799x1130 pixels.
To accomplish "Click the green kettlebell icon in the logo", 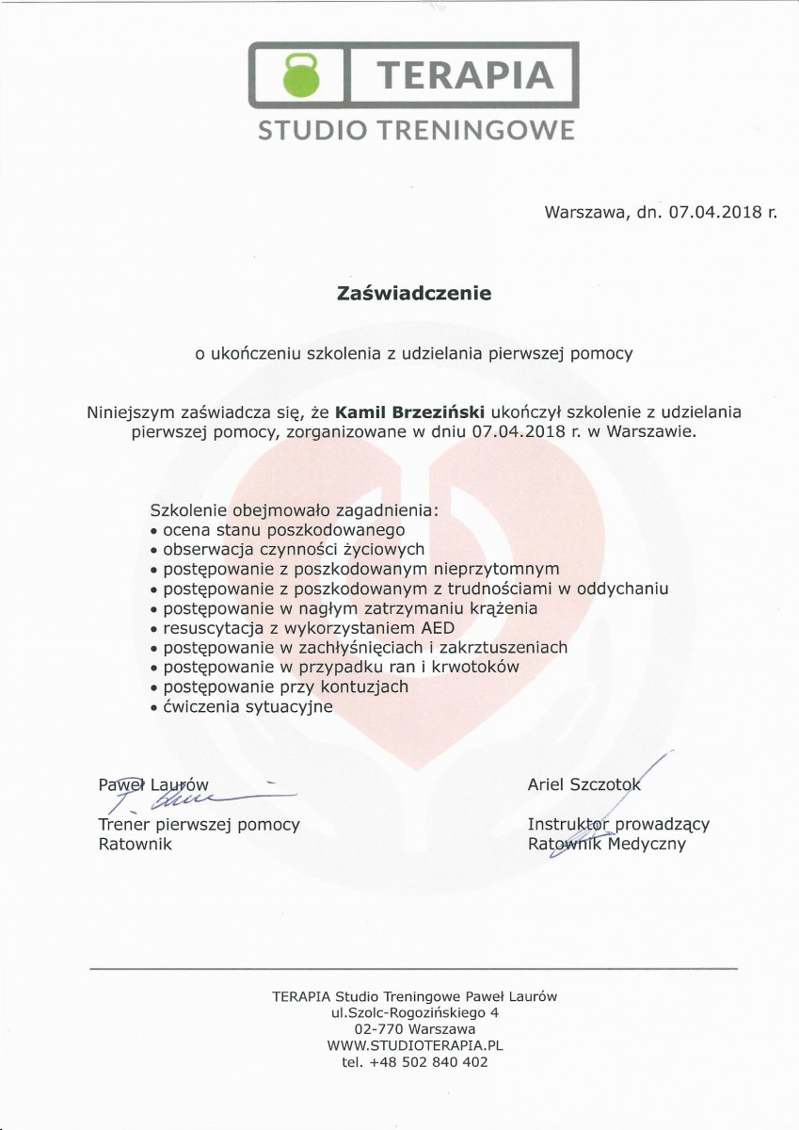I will point(302,74).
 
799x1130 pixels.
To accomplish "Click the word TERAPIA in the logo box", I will point(464,74).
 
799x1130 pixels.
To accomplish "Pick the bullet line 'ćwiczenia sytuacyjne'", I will point(248,706).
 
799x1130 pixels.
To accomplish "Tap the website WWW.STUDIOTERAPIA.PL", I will point(415,1045).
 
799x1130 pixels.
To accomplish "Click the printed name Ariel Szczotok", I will point(584,783).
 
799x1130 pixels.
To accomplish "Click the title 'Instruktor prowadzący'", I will point(618,824).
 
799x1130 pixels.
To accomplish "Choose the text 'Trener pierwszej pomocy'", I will point(199,825).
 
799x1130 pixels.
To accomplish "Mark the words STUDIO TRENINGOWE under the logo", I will point(416,129).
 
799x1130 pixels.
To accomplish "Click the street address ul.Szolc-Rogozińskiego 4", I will point(415,1012).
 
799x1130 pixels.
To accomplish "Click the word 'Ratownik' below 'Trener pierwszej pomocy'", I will point(136,844).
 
